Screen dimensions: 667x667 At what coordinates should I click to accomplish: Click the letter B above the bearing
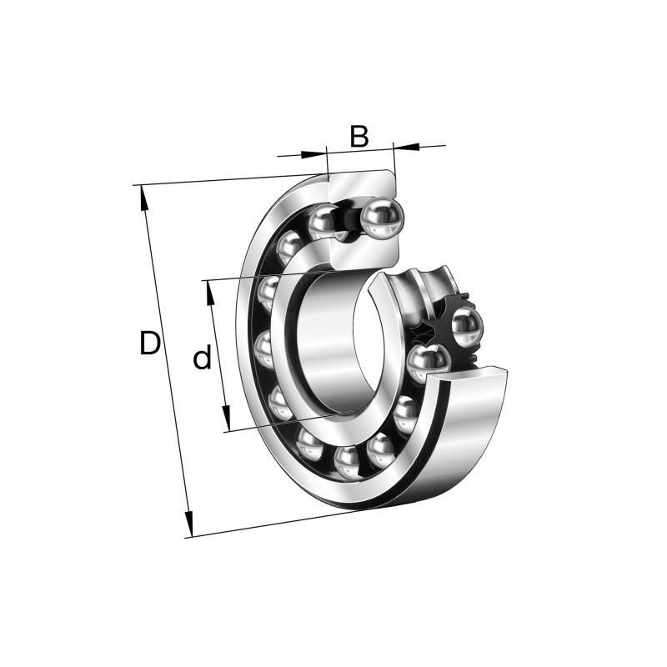359,136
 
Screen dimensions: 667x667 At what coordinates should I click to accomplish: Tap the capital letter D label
149,344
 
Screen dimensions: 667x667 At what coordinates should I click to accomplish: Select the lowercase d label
202,359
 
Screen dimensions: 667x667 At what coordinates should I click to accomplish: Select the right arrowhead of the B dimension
404,148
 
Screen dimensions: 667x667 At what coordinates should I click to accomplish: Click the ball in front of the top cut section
383,218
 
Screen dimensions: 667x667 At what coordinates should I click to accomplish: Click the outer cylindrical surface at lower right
475,434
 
